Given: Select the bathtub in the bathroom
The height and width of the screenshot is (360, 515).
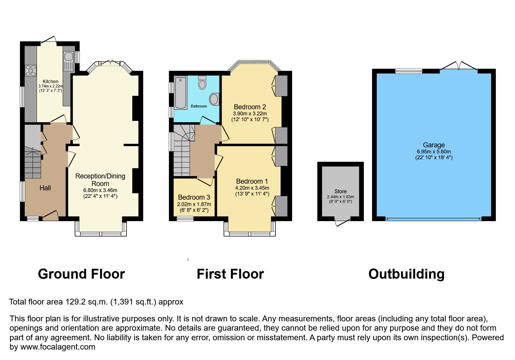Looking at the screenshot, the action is click(x=181, y=93).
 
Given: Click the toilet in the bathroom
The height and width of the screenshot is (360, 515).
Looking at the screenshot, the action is click(x=202, y=83).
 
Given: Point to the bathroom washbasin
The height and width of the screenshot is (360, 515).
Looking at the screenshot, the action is click(x=215, y=99).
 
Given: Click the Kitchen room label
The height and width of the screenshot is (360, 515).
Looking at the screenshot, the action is click(x=51, y=81).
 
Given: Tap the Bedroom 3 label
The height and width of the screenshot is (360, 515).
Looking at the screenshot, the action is click(x=194, y=198).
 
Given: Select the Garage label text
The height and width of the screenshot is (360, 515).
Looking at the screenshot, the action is click(x=434, y=145).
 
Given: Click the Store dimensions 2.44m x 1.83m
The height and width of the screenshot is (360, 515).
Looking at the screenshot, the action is click(x=341, y=197).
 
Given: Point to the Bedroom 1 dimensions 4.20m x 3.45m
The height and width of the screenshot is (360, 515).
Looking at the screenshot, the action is click(x=252, y=188).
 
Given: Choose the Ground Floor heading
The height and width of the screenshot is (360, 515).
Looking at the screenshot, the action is click(x=81, y=274).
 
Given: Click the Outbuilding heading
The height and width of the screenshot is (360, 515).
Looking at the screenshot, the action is click(x=407, y=274).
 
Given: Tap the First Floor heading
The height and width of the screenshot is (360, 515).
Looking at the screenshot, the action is click(x=230, y=274).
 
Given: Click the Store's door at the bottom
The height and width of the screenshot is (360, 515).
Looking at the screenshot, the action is click(x=342, y=222).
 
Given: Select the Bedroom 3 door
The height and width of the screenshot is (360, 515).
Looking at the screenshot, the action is click(x=205, y=181).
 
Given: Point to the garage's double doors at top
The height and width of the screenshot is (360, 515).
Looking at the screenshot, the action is click(x=459, y=66).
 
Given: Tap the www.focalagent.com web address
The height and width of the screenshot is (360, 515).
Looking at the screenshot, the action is click(x=58, y=347).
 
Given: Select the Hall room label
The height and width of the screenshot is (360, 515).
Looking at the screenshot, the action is click(x=45, y=188).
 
